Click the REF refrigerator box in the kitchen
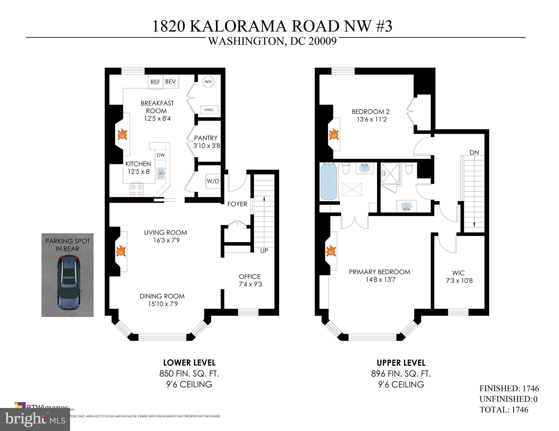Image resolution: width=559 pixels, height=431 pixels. click(x=155, y=82)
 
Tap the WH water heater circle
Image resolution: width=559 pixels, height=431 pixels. click(x=208, y=82)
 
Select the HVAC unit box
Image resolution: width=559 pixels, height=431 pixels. click(x=209, y=110)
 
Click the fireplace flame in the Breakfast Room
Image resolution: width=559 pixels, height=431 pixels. click(x=122, y=135)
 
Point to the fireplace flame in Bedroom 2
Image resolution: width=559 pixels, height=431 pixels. click(x=334, y=135)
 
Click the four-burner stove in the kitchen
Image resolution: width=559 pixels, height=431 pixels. click(x=137, y=190)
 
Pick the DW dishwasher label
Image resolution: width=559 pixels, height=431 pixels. click(x=161, y=155)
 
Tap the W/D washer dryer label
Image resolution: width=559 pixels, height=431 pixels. click(x=213, y=181)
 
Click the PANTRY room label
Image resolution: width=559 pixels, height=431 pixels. click(x=206, y=138)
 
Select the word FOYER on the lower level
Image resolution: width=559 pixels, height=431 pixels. click(x=237, y=204)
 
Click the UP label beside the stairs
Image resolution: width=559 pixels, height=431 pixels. click(x=264, y=251)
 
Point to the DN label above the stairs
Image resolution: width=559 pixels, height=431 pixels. click(x=474, y=152)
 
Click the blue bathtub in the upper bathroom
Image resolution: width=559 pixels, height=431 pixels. click(x=329, y=182)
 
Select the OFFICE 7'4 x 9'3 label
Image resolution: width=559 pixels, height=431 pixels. click(x=250, y=280)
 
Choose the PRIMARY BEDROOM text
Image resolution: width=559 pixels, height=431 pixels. click(x=380, y=272)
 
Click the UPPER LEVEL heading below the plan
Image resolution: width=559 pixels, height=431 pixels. click(x=401, y=363)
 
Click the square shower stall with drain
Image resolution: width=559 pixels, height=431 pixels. click(x=390, y=174)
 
